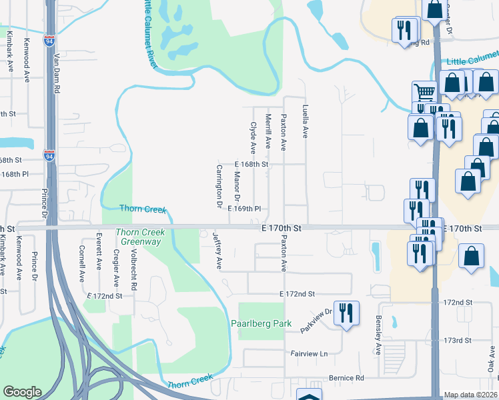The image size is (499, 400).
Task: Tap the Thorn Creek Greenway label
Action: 139,237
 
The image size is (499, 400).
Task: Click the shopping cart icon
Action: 424,93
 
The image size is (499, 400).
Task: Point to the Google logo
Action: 22,392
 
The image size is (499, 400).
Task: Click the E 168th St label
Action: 252,164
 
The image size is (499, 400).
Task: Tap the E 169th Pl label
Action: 244,209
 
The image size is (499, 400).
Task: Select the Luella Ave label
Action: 305,121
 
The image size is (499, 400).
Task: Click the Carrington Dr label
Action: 218,186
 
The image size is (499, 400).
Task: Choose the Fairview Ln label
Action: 310,353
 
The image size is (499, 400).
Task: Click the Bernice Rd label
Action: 346,378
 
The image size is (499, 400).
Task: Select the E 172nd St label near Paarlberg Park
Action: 296,294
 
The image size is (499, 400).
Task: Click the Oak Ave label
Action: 490,363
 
